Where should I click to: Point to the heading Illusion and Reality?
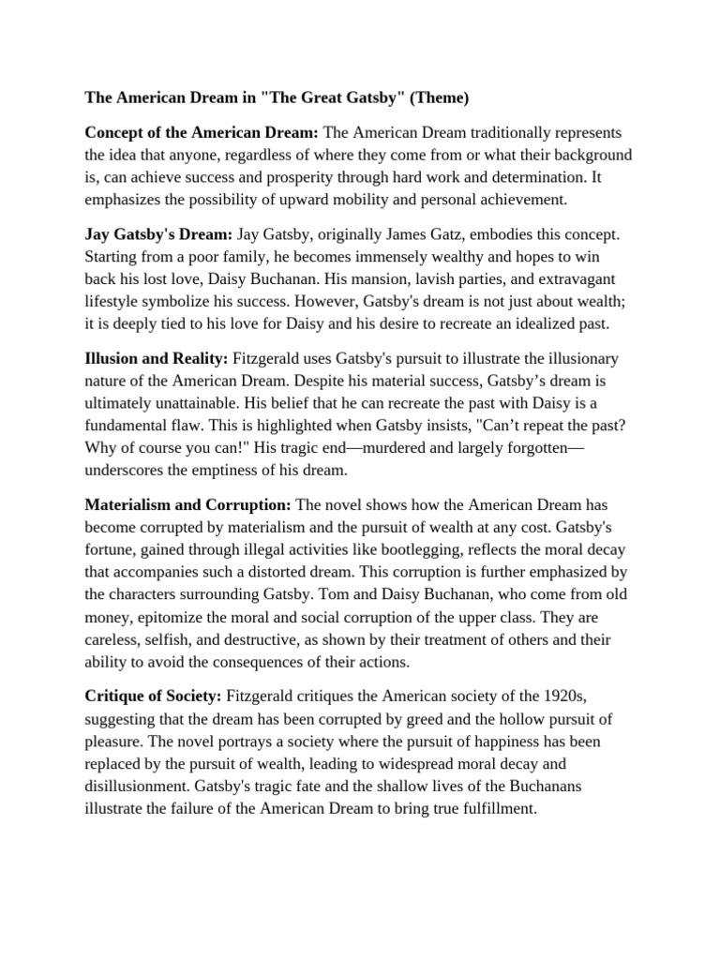(x=157, y=358)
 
